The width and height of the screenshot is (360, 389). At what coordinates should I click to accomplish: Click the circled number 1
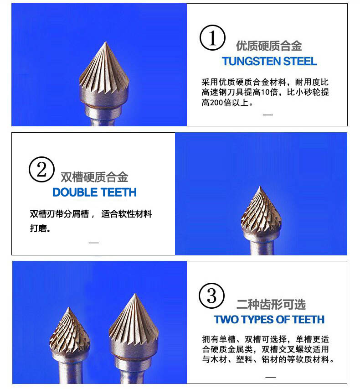click(x=212, y=38)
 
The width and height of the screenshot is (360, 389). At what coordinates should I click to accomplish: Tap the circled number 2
click(x=41, y=170)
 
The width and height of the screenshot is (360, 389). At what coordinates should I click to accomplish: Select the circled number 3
click(x=211, y=296)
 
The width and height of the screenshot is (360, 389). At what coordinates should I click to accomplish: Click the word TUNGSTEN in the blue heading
click(x=251, y=61)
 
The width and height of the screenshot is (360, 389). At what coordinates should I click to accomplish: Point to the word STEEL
click(x=300, y=61)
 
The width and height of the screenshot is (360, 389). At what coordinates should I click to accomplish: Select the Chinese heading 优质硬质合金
click(x=269, y=46)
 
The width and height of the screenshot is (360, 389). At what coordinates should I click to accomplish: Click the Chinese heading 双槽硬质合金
click(x=94, y=177)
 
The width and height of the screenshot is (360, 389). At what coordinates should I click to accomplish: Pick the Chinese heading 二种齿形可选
click(x=271, y=304)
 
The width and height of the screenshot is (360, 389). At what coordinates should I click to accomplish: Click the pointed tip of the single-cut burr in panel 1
click(x=105, y=42)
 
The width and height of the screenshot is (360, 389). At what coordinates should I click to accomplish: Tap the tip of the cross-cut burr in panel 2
click(x=260, y=187)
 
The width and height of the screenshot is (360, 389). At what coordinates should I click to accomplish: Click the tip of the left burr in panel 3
click(x=69, y=308)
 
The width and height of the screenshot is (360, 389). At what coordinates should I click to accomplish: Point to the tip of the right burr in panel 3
click(x=135, y=294)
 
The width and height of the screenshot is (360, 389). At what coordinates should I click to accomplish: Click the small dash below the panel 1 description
click(x=268, y=115)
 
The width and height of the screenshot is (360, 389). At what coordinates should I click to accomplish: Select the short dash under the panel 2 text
click(x=94, y=243)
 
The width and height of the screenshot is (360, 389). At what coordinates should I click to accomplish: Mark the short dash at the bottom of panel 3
click(x=271, y=377)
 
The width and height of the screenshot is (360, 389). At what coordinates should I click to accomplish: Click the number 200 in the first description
click(x=216, y=103)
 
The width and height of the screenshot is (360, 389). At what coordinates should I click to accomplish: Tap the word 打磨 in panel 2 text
click(x=38, y=228)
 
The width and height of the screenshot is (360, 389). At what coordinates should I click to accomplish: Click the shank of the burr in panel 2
click(x=262, y=248)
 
